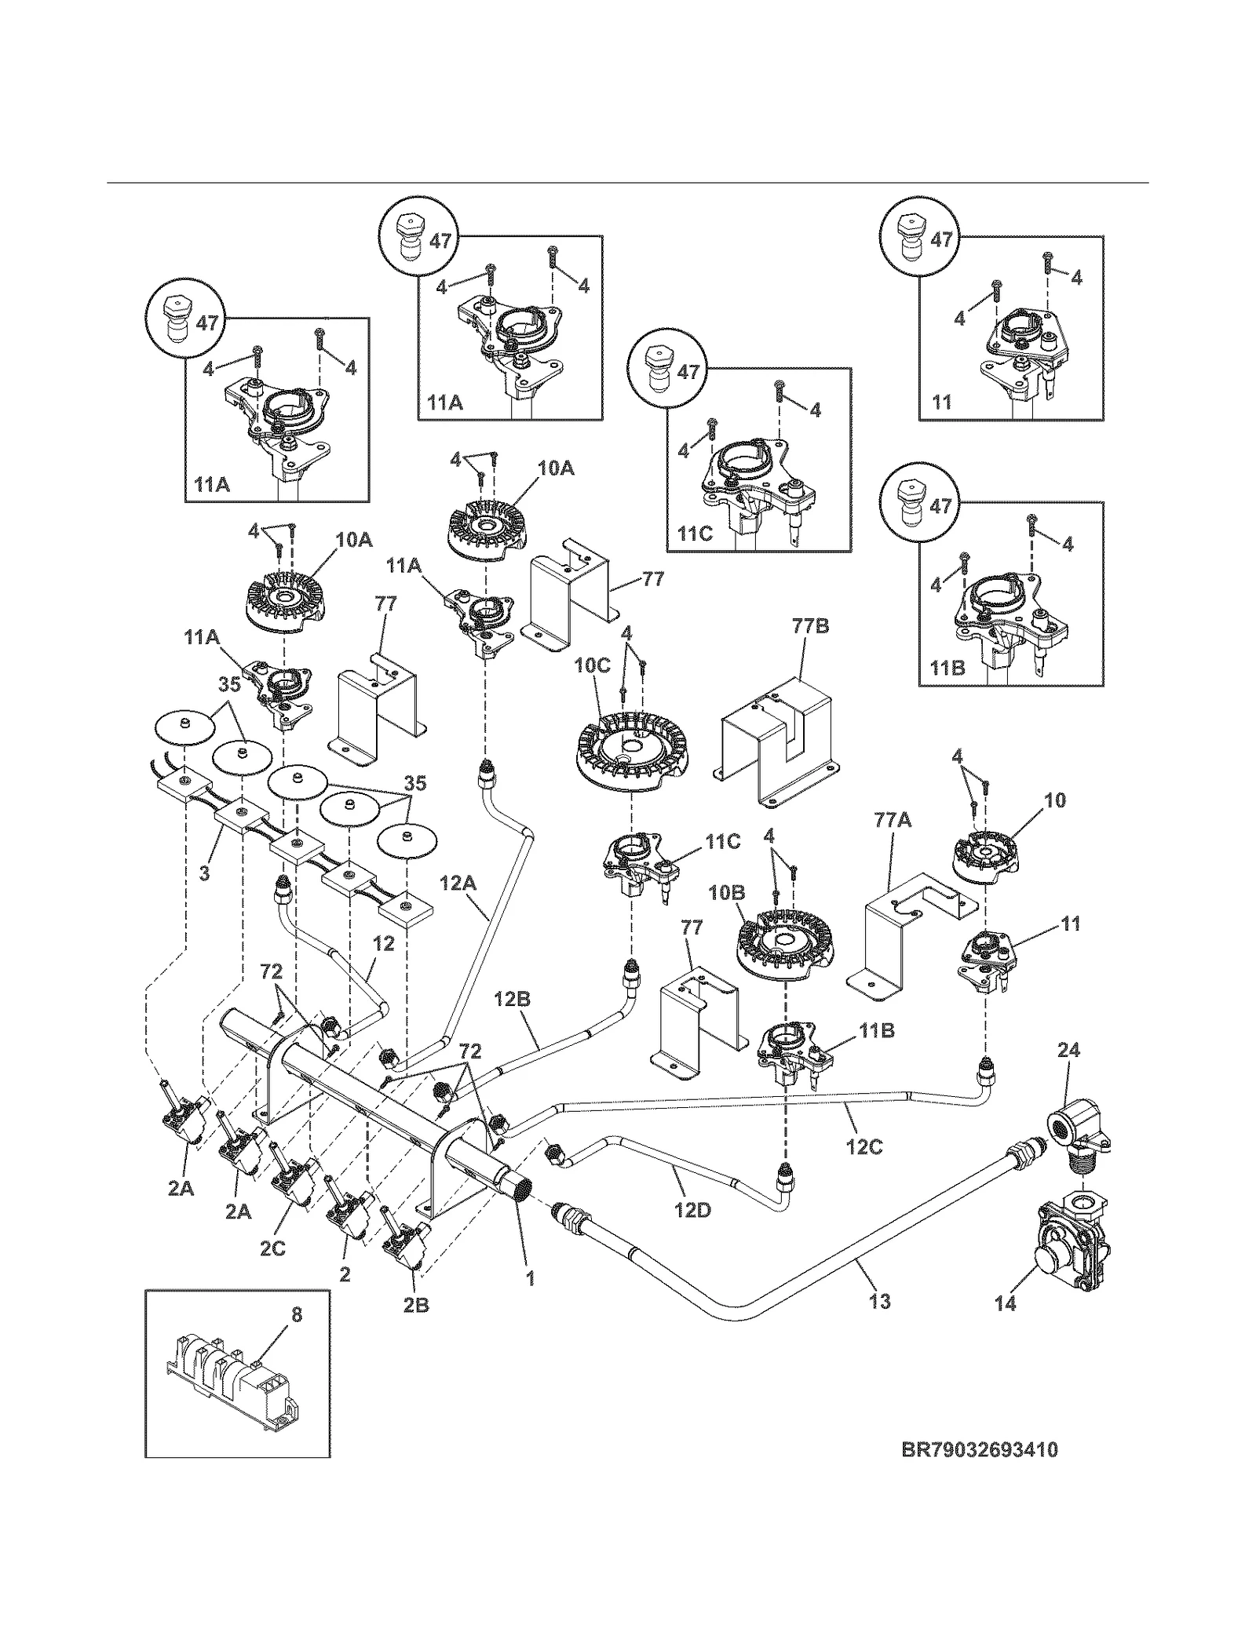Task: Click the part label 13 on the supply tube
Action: [x=880, y=1301]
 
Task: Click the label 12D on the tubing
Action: [x=692, y=1210]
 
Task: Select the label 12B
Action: [x=512, y=999]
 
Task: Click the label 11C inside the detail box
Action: [x=695, y=534]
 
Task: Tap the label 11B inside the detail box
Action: [x=947, y=669]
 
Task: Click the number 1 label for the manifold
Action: [x=530, y=1278]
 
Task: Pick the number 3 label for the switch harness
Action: [x=204, y=873]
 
